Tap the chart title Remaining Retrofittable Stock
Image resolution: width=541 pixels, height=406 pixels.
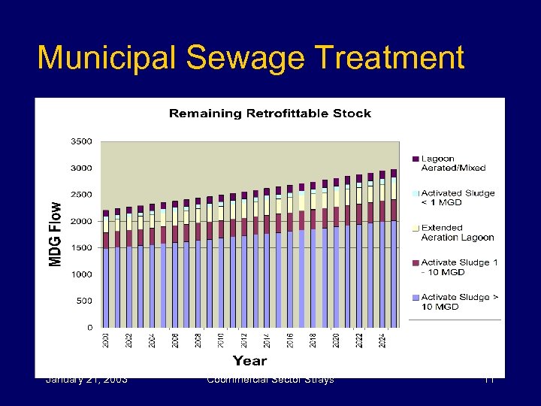[x=270, y=114]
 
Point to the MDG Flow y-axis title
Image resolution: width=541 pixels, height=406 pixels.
[x=56, y=233]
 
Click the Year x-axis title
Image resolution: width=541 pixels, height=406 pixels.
[x=249, y=361]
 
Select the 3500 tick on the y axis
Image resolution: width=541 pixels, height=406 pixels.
[x=83, y=141]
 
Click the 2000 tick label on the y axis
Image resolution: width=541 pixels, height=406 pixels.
[x=83, y=221]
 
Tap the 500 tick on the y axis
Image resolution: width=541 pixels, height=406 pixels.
[x=85, y=301]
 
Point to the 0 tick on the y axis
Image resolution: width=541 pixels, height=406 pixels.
[x=90, y=328]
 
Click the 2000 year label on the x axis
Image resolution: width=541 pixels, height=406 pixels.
[x=106, y=340]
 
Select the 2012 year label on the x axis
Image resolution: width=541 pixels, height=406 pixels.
[x=244, y=340]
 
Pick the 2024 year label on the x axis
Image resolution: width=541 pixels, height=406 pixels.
[x=382, y=340]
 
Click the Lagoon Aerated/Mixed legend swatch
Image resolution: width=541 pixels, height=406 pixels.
[x=415, y=159]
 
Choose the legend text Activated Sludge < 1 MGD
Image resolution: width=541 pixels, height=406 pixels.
[x=458, y=198]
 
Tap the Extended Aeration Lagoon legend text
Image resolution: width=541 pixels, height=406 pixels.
[x=458, y=232]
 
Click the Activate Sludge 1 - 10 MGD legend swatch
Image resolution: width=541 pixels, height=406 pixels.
[x=415, y=262]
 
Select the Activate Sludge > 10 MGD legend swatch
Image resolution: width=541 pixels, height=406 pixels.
[x=415, y=297]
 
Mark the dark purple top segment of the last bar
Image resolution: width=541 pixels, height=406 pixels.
[x=393, y=173]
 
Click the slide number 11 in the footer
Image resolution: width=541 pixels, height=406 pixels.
[x=488, y=380]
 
